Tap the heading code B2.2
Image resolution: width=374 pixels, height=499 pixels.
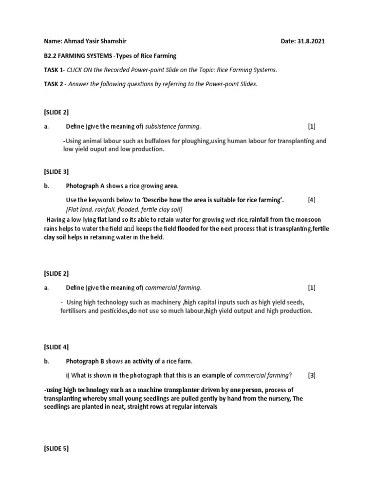click(x=51, y=56)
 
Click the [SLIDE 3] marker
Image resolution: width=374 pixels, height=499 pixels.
click(x=56, y=172)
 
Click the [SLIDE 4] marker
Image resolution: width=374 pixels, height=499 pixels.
click(x=56, y=347)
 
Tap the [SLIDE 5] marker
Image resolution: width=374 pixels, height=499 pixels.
click(x=56, y=449)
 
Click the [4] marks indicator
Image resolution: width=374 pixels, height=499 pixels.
click(x=312, y=200)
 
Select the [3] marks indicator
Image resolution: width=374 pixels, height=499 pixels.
click(x=312, y=375)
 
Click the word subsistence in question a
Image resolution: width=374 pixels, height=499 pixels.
click(x=160, y=127)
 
